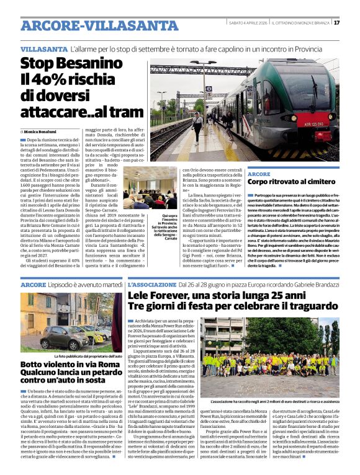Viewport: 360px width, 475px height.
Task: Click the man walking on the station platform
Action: coord(197,123)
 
